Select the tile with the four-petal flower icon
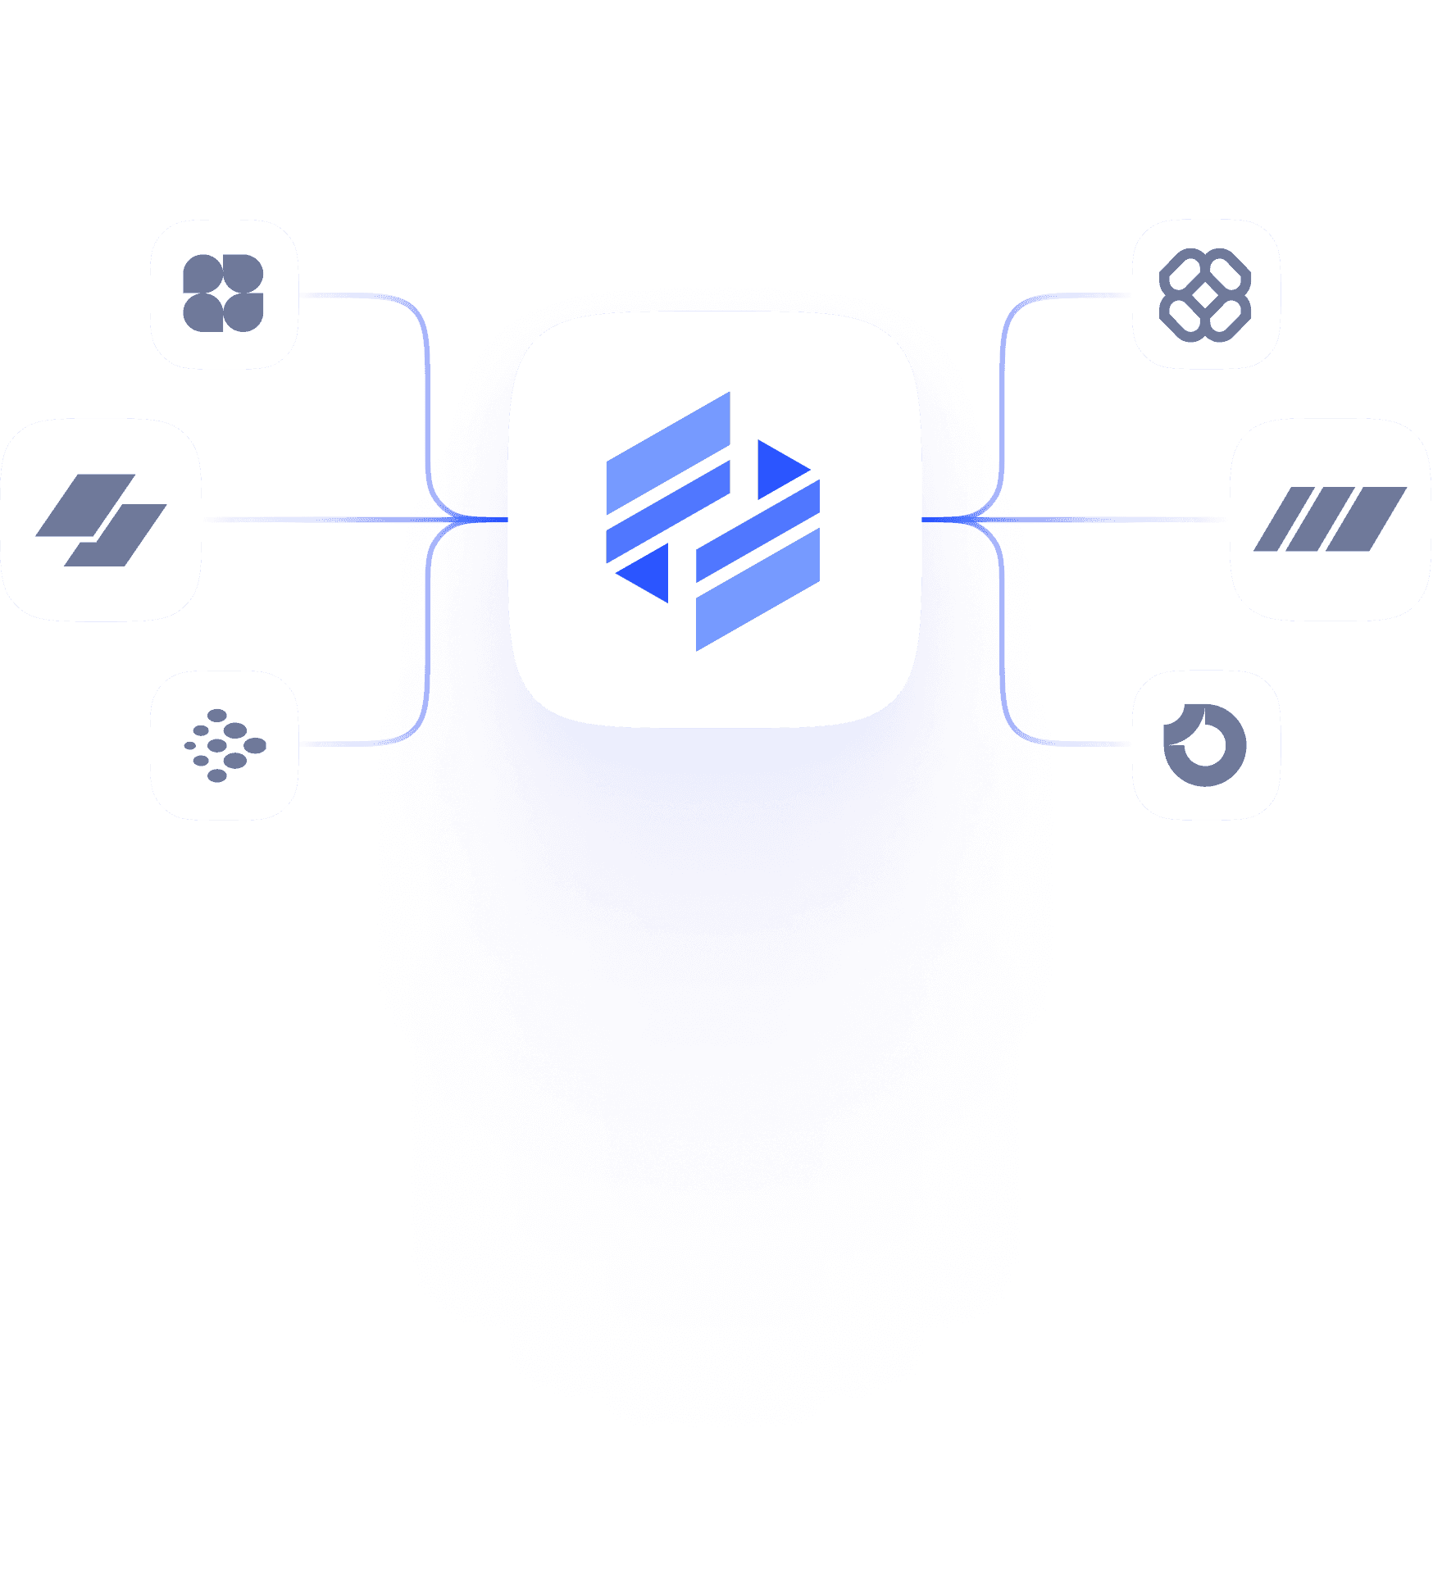[224, 293]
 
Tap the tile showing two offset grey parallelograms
[101, 520]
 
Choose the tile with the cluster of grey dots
[224, 744]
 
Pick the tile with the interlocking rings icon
[1205, 293]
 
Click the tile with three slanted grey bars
[1330, 520]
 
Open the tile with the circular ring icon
[1205, 744]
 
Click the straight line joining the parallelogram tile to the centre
[328, 520]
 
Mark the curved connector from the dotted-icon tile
[361, 744]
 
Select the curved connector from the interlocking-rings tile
[1066, 296]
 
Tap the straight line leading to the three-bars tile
[1107, 520]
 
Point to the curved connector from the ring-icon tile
[1066, 743]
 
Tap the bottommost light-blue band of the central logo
[758, 590]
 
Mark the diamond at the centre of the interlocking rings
[1205, 295]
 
